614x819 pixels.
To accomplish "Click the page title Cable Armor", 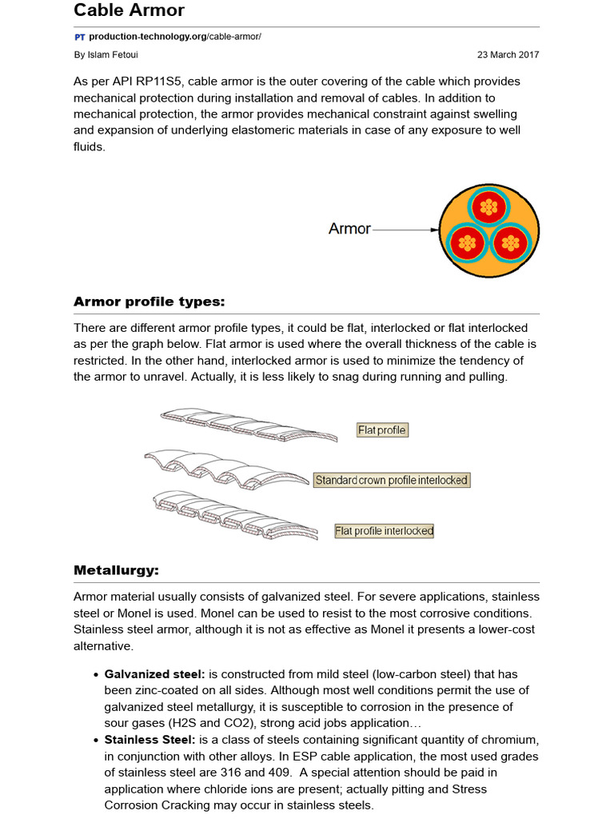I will pos(129,10).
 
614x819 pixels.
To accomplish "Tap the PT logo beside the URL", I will pos(79,38).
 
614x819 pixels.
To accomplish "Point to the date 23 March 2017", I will pos(508,55).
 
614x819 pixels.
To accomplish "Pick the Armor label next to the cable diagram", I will pos(349,229).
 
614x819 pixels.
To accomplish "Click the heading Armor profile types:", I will pos(150,302).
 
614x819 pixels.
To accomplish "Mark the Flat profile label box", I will pos(382,430).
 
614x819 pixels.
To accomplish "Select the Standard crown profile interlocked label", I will pos(391,480).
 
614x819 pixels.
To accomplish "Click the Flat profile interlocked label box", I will pos(384,530).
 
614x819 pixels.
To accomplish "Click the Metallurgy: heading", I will pos(116,570).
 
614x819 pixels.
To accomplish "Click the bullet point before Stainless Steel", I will pos(96,741).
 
